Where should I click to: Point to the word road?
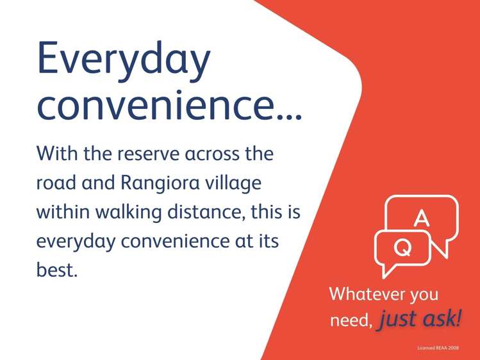pos(58,183)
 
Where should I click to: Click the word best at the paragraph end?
pos(56,268)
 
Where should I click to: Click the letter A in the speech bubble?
pos(421,218)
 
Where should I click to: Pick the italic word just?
pos(399,319)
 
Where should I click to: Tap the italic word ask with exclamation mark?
pos(442,318)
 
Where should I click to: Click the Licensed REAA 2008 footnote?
pos(438,348)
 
